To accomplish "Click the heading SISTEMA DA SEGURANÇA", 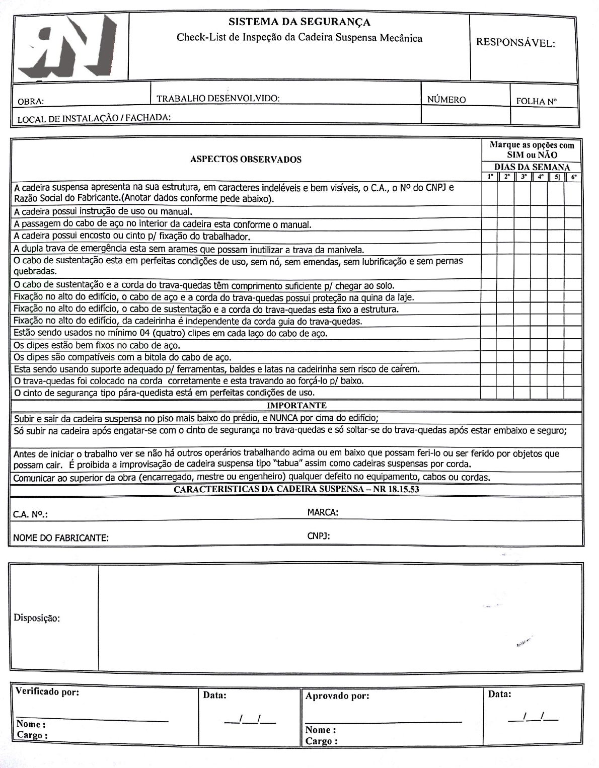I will click(299, 22).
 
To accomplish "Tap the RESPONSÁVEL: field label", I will click(515, 43).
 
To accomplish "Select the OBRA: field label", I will click(31, 101).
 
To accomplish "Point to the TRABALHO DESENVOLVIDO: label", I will click(218, 99).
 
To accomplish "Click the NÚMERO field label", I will click(446, 100).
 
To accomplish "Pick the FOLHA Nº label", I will click(537, 101).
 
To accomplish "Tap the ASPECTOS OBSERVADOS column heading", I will click(246, 160).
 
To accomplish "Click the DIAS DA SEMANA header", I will click(532, 167).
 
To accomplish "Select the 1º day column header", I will click(490, 177).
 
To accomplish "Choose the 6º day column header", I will click(574, 177).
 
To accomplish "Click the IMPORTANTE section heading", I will click(296, 405).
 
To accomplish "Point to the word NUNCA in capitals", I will click(284, 418).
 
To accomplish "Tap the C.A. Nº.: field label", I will click(30, 514).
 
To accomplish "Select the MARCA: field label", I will click(323, 512).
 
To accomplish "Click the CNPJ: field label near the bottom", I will click(319, 536).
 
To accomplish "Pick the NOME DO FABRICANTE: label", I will click(61, 537).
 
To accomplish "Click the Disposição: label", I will click(37, 618).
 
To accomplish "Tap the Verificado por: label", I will click(47, 692).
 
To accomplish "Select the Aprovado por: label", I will click(337, 696).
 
